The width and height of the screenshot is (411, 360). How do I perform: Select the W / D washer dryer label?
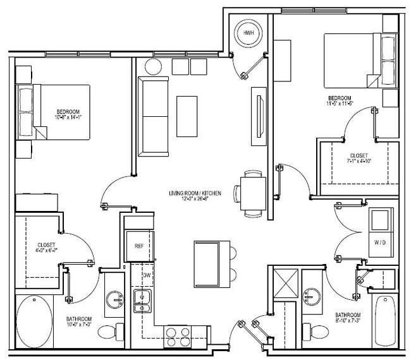pyautogui.click(x=379, y=241)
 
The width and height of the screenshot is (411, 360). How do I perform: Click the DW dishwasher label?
pyautogui.click(x=146, y=275)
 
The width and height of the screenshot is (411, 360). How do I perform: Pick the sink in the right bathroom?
pyautogui.click(x=311, y=297)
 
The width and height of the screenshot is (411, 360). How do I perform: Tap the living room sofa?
pyautogui.click(x=152, y=117)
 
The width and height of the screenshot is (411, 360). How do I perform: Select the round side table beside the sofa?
pyautogui.click(x=154, y=66)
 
